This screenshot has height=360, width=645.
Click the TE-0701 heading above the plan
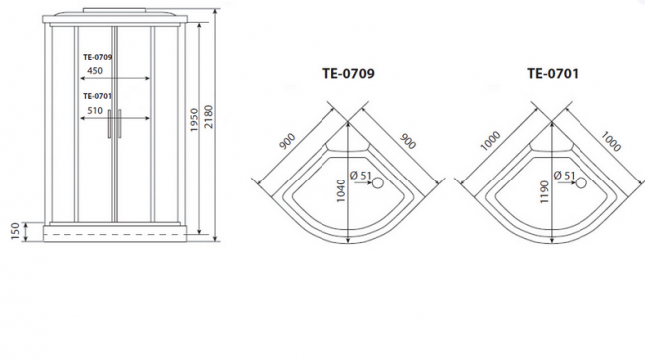click(x=553, y=73)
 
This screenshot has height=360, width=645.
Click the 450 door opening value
click(x=96, y=71)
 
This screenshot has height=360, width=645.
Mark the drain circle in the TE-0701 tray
click(x=581, y=182)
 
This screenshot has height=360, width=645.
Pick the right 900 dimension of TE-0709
click(x=407, y=140)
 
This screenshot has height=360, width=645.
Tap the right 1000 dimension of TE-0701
click(x=611, y=140)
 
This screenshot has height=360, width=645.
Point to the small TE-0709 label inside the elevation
click(x=96, y=57)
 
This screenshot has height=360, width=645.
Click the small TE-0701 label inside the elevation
click(x=96, y=96)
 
